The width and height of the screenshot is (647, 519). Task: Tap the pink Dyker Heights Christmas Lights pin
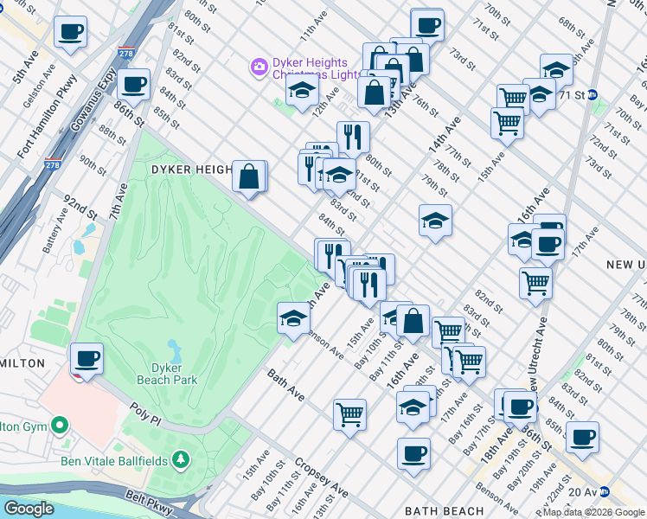[258, 67]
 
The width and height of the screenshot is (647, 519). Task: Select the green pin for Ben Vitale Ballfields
[181, 458]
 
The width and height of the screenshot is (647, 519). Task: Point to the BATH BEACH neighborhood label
[444, 511]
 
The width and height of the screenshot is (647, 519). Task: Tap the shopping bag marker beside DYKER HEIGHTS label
[249, 177]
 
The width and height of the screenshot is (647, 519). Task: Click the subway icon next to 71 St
[593, 94]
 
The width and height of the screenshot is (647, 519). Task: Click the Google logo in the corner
[29, 509]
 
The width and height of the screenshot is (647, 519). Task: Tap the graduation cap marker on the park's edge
[293, 318]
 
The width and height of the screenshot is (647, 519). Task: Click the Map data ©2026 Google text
[594, 512]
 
